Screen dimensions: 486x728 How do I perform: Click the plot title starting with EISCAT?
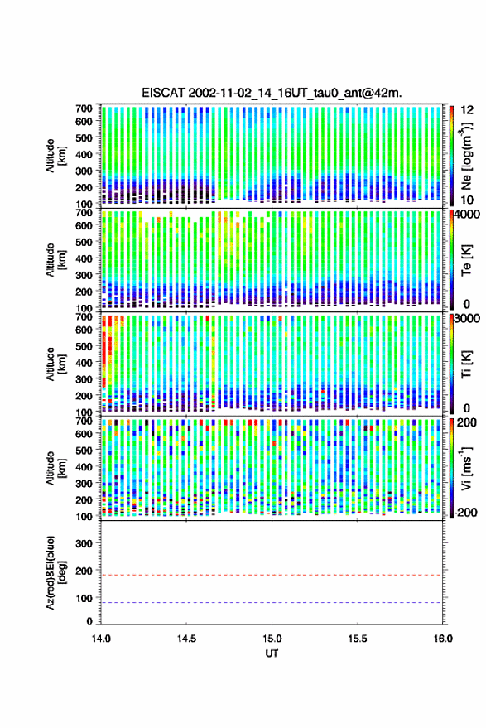(272, 93)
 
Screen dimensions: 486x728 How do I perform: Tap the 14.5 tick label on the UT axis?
(186, 639)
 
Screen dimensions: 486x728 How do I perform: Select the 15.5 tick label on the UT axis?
(357, 639)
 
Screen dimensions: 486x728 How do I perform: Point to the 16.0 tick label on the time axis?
(443, 639)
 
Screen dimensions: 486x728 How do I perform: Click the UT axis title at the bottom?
(272, 653)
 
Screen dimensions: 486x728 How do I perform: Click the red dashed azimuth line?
(272, 575)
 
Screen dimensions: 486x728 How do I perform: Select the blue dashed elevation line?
(272, 603)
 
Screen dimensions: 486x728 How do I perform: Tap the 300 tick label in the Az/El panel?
(84, 543)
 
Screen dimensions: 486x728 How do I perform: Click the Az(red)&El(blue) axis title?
(55, 572)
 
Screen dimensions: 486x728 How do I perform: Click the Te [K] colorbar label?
(466, 260)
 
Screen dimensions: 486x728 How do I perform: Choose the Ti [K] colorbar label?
(466, 364)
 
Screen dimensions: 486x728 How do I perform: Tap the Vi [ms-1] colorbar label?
(466, 468)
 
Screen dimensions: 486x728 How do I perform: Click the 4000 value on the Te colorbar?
(468, 215)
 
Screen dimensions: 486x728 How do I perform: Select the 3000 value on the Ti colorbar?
(468, 319)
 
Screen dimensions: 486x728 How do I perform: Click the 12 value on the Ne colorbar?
(468, 110)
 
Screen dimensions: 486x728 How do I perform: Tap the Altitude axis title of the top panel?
(55, 156)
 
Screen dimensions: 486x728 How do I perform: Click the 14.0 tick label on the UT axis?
(101, 639)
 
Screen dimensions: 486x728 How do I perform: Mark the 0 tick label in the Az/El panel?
(89, 621)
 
